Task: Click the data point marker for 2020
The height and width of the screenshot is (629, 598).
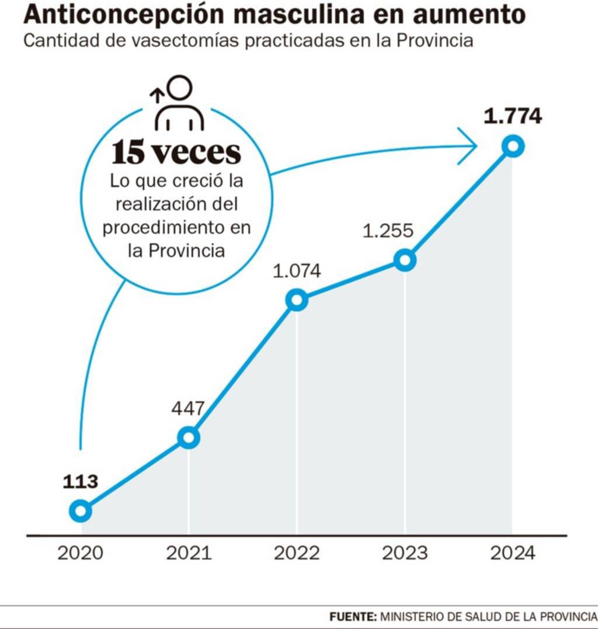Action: pos(80,511)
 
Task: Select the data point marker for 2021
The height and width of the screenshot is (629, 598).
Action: pos(188,437)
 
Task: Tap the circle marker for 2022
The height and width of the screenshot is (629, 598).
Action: pos(297,300)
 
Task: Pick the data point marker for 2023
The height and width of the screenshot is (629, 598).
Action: pos(405,260)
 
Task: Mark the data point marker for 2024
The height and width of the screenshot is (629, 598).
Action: pos(513,145)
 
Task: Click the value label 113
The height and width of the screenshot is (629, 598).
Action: pos(80,482)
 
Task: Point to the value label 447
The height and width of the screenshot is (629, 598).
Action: pos(188,408)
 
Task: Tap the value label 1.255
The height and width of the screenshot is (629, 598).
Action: pos(388,230)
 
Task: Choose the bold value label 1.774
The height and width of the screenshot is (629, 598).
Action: pos(513,116)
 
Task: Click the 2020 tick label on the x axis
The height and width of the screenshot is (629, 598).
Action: pos(80,552)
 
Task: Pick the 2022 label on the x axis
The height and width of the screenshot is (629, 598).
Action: pos(297,552)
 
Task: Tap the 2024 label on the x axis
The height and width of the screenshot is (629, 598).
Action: pos(513,552)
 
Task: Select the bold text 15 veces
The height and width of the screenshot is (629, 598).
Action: pos(176,153)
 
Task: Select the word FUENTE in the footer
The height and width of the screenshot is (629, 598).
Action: pos(353,617)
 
